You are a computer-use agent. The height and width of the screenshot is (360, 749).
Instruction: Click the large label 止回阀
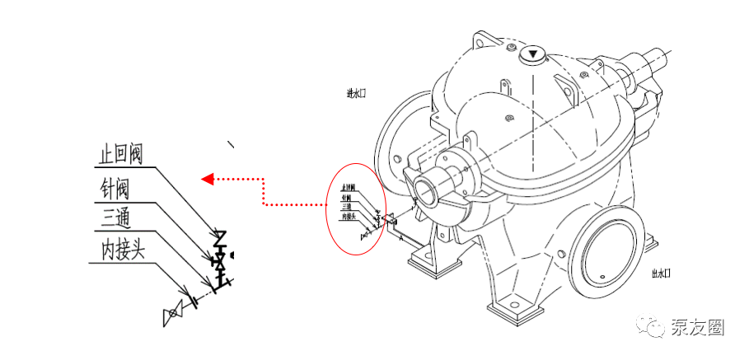[x=121, y=155]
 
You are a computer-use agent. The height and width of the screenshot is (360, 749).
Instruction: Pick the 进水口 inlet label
[x=356, y=93]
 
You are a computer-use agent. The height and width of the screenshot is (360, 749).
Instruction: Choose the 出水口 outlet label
[x=662, y=273]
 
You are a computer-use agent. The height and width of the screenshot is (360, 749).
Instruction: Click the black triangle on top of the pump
[x=533, y=55]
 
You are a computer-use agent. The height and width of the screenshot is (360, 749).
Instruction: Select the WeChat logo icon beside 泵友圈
[x=657, y=328]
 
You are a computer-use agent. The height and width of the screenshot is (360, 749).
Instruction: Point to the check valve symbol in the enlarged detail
[x=220, y=240]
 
